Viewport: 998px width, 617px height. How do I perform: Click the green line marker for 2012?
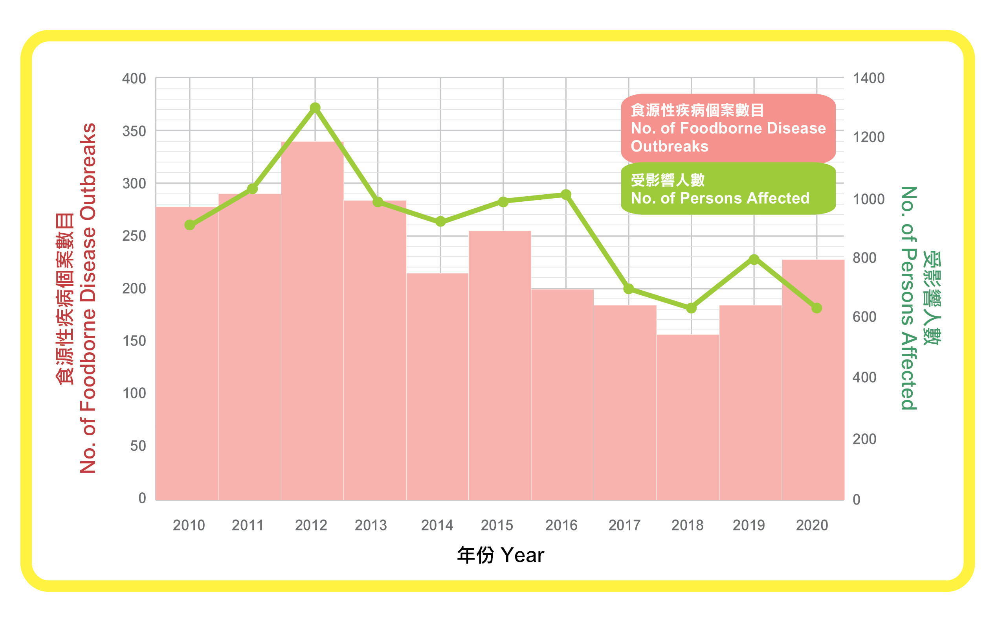(315, 108)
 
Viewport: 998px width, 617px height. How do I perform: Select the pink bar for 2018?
(688, 416)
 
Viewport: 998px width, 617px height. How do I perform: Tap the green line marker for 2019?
(754, 260)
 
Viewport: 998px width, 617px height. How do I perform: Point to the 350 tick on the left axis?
(134, 131)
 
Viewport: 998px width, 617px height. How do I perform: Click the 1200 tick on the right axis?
(869, 137)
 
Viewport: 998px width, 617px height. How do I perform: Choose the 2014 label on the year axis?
(437, 525)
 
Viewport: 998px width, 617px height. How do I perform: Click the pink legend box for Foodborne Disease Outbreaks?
(728, 128)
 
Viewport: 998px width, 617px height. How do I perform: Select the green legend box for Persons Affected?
(728, 189)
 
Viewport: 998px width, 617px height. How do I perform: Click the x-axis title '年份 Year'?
(500, 555)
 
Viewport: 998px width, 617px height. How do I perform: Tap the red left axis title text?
(77, 298)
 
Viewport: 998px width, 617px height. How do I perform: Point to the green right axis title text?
(919, 298)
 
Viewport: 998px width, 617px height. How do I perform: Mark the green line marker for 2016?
(566, 195)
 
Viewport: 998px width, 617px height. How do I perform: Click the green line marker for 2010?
(189, 225)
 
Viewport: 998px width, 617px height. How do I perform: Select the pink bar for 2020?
(813, 379)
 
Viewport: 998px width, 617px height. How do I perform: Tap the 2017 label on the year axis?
(625, 525)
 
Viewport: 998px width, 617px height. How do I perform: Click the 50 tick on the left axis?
(138, 446)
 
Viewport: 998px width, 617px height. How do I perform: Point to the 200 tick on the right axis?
(864, 439)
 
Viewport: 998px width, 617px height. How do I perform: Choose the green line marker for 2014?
(440, 221)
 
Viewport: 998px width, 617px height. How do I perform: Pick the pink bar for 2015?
(500, 365)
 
